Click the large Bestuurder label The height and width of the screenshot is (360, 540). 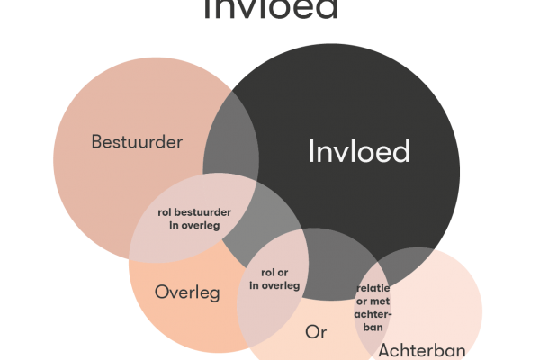[138, 142]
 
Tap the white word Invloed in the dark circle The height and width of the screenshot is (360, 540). [358, 151]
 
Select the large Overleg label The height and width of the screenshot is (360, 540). [187, 292]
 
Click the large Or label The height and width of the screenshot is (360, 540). [315, 332]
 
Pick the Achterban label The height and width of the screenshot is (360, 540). [421, 349]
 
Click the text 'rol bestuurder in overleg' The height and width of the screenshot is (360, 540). [194, 219]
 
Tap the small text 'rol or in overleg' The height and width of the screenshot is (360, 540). [274, 279]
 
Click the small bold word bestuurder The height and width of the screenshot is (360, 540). [203, 212]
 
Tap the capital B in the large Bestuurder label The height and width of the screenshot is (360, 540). [97, 142]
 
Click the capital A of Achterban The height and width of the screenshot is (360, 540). [384, 349]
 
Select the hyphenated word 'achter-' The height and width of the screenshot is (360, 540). [375, 314]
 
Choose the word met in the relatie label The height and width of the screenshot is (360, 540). [382, 301]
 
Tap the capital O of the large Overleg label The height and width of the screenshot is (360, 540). [162, 292]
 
